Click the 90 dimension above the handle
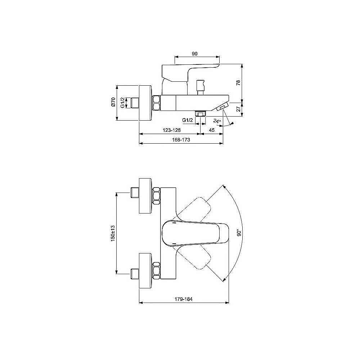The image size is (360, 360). tap(194, 54)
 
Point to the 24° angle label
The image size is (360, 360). tap(216, 121)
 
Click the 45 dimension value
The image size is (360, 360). tap(212, 130)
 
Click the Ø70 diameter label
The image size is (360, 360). tap(113, 103)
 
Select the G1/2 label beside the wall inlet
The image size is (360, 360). tap(123, 103)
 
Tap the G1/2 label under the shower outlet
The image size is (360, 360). tap(187, 120)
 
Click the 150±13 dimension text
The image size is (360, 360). tap(112, 233)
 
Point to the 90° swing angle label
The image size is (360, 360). tap(238, 233)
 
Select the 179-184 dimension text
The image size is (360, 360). tap(184, 298)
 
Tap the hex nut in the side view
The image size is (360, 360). tap(156, 103)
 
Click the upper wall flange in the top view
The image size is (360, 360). tap(145, 195)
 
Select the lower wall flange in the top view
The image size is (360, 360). tap(145, 271)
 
